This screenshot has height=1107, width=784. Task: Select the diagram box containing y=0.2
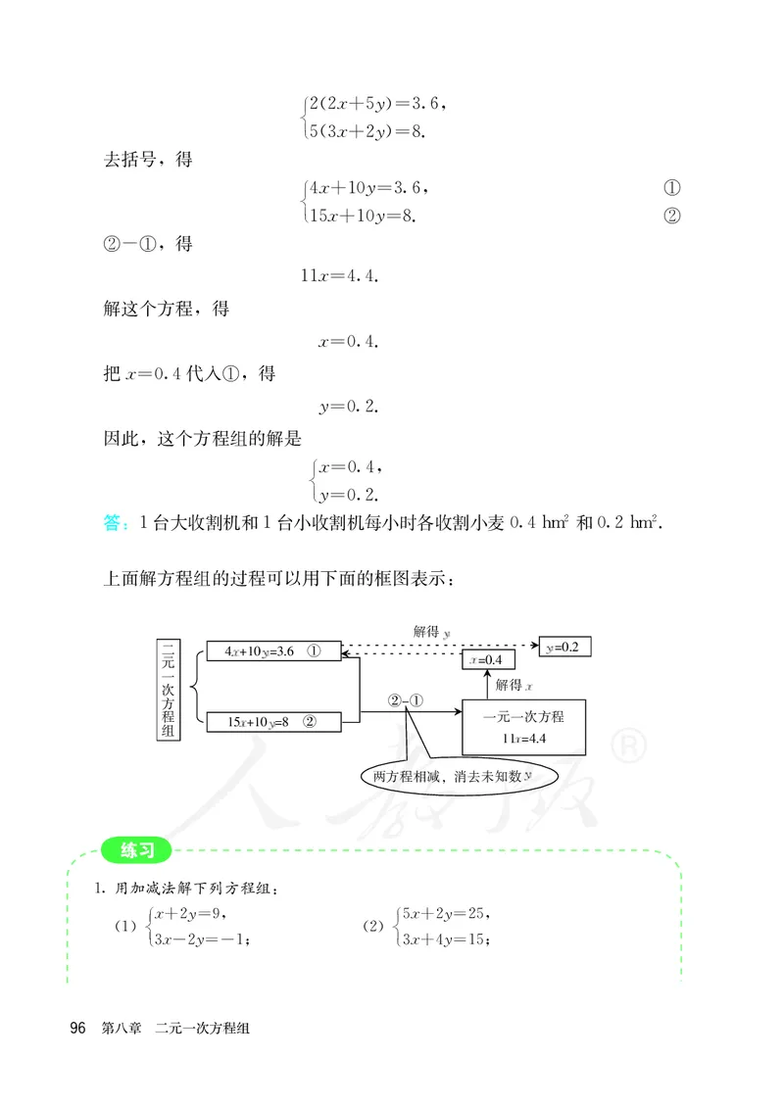tap(565, 647)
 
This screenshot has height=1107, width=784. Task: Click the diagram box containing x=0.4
tap(488, 660)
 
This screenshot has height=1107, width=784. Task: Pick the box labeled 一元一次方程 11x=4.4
tap(523, 727)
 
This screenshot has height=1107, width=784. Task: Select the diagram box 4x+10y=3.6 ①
tap(272, 651)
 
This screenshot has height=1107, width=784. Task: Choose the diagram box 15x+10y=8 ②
tap(272, 722)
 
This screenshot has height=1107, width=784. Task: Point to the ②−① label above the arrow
tap(405, 701)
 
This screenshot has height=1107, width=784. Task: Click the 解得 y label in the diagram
tap(432, 633)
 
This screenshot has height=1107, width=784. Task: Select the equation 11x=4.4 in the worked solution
tap(340, 275)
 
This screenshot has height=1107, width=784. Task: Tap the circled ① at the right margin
tap(671, 188)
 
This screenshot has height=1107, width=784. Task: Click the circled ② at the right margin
tap(671, 217)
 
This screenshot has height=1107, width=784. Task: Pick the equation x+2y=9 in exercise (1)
tap(192, 914)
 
